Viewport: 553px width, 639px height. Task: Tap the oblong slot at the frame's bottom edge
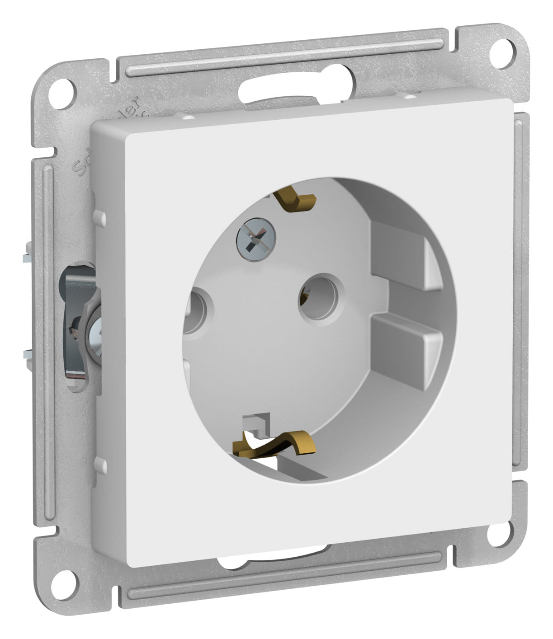point(271,563)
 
